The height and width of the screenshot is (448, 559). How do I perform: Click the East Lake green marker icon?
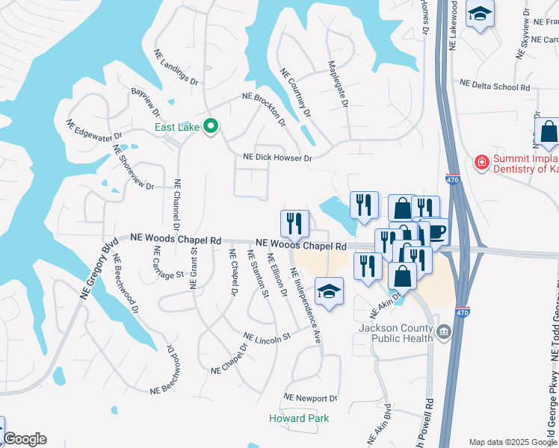point(211,127)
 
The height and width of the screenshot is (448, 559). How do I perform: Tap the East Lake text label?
point(176,128)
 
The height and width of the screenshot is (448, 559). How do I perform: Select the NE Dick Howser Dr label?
point(277,158)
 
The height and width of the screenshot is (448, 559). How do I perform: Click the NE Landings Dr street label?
point(176,68)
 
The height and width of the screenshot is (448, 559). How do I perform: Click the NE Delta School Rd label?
point(495,86)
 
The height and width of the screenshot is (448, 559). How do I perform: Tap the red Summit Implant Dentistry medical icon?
point(483,161)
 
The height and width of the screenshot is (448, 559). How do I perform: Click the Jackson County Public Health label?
point(396,333)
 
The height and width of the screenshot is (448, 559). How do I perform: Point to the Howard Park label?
point(299,418)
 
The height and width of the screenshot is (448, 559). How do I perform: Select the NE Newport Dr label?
point(311,398)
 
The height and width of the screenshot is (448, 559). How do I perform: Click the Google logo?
point(24,439)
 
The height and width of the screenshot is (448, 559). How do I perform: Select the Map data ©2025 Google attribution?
point(513,442)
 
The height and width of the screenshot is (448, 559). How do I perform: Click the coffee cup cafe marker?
point(436,231)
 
